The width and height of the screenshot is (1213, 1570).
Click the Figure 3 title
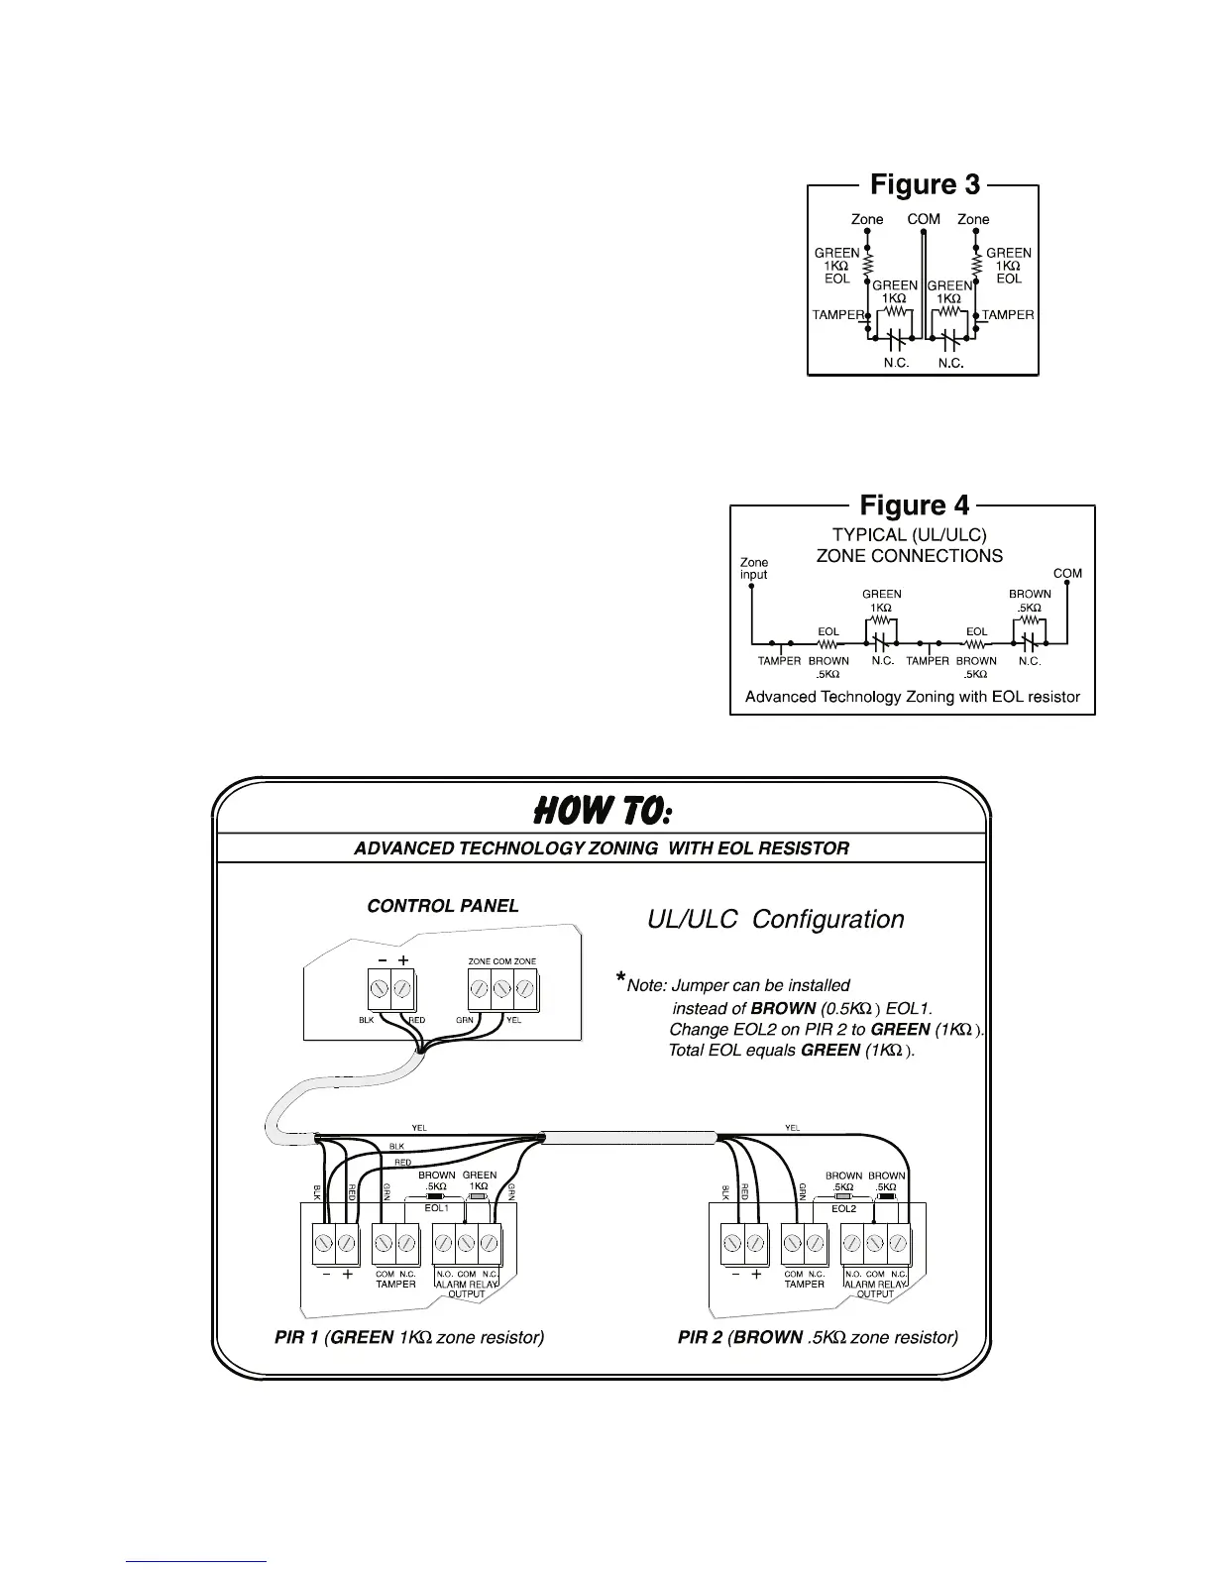coord(925,185)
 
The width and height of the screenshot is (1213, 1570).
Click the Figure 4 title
coord(914,506)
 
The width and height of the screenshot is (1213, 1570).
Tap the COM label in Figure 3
coord(924,219)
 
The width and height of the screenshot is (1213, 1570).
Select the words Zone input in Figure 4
coord(754,569)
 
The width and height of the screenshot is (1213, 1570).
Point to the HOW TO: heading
coord(603,813)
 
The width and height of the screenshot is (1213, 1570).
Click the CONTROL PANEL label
coord(442,906)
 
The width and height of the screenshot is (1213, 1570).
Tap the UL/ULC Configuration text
coord(775,920)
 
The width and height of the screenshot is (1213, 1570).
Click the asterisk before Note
coord(620,980)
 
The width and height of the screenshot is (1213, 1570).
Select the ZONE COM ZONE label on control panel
coord(501,961)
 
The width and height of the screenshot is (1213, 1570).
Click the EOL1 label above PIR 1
coord(437,1209)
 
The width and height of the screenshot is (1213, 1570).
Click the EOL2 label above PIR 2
coord(844,1209)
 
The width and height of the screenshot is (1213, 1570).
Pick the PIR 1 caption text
coord(409,1337)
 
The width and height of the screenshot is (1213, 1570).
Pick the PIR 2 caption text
coord(818,1337)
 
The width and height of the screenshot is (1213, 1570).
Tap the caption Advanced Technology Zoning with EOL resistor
coord(912,697)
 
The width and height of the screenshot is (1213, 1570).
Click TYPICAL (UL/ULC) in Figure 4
coord(909,535)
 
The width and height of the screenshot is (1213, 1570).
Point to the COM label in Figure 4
coord(1067,574)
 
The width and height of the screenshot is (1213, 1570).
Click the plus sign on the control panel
coord(404,960)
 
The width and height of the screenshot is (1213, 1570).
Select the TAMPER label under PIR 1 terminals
coord(395,1285)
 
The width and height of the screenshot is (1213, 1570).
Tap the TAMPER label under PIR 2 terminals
coord(804,1285)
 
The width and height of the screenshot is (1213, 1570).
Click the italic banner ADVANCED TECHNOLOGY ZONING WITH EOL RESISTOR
coord(602,848)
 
